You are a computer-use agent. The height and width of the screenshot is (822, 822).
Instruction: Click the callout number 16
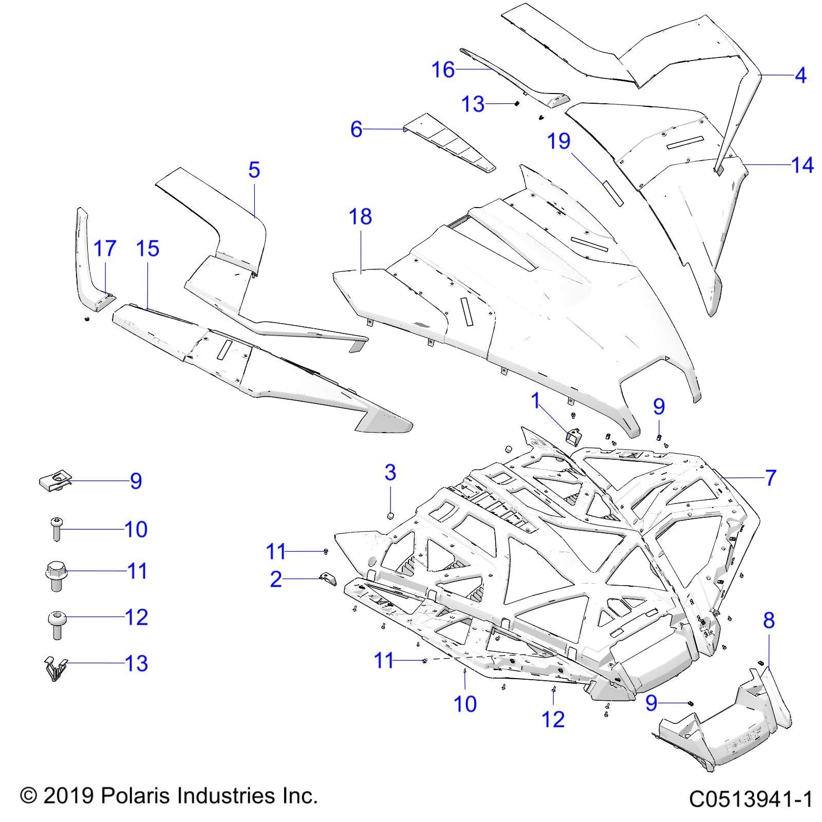coord(443,69)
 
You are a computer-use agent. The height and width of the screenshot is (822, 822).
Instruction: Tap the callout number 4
coord(800,76)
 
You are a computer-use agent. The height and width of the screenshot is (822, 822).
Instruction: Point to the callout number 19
coord(558,140)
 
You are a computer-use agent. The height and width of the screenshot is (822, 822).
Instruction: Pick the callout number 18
coord(360,217)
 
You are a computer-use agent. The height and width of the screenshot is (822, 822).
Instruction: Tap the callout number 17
coord(105,249)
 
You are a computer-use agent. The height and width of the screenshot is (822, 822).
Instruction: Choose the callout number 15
coord(147,249)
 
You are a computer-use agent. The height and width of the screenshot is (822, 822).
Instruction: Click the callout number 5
coord(254,170)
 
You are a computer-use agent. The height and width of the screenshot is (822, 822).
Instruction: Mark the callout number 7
coord(770,478)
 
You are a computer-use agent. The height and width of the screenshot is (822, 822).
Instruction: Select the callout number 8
coord(768,621)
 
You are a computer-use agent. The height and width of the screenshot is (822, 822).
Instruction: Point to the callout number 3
coord(390,472)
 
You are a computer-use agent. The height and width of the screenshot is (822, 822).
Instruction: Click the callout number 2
coord(276,579)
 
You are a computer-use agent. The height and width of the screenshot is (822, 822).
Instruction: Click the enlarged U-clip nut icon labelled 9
coord(54,482)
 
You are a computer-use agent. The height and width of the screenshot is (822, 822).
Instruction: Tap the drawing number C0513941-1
coord(750,799)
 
